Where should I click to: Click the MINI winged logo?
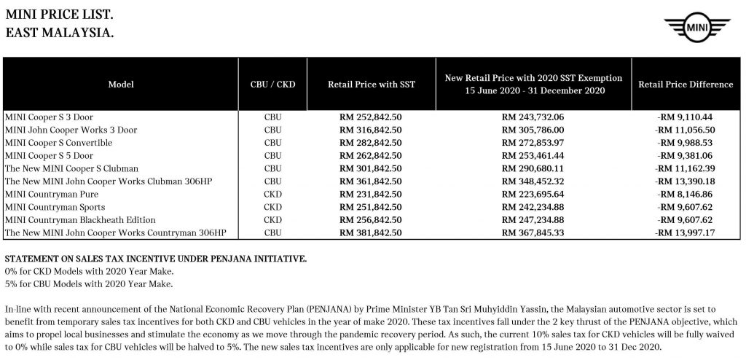pyautogui.click(x=698, y=29)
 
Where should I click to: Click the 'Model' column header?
pyautogui.click(x=121, y=85)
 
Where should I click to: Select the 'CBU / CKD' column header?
pyautogui.click(x=272, y=85)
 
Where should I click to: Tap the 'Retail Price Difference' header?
pyautogui.click(x=685, y=85)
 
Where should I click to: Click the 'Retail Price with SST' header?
pyautogui.click(x=372, y=85)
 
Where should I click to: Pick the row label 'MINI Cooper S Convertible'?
pyautogui.click(x=58, y=143)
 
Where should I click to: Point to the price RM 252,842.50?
pyautogui.click(x=372, y=117)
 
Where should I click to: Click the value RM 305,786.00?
pyautogui.click(x=534, y=130)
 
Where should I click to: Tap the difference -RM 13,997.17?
pyautogui.click(x=685, y=233)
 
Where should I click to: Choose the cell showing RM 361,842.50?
pyautogui.click(x=372, y=181)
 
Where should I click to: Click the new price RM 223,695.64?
pyautogui.click(x=534, y=195)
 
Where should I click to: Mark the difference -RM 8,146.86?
pyautogui.click(x=685, y=195)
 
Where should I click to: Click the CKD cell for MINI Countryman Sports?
pyautogui.click(x=272, y=208)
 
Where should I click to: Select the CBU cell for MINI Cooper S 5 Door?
pyautogui.click(x=272, y=155)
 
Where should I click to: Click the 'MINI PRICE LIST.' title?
pyautogui.click(x=59, y=15)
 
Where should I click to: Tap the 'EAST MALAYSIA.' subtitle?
pyautogui.click(x=59, y=33)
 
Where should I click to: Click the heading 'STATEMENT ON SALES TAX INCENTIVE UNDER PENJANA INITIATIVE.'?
pyautogui.click(x=156, y=259)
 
